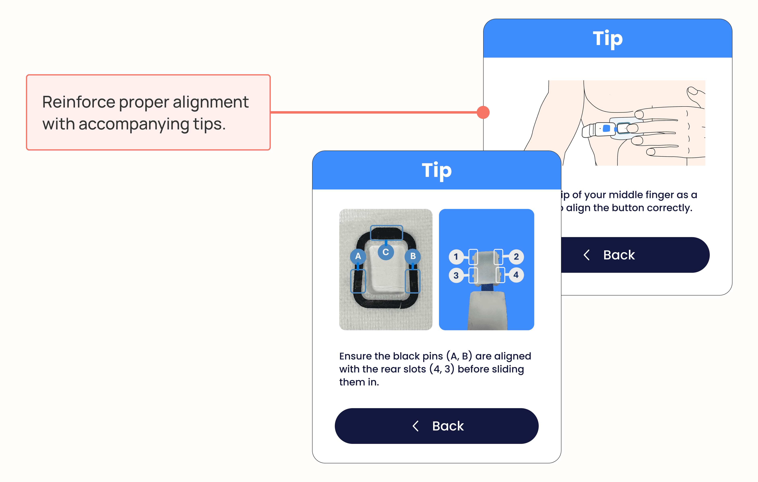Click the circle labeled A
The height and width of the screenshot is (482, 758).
point(358,256)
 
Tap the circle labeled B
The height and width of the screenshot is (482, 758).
point(413,256)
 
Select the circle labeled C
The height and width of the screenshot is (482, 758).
point(386,252)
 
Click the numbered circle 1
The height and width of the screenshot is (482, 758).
point(456,257)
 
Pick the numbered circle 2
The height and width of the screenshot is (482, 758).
point(516,257)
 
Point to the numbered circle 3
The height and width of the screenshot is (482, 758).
point(456,275)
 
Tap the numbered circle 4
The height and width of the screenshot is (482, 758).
point(516,275)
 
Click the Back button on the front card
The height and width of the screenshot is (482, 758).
point(436,426)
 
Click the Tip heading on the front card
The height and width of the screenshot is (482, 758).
point(437,170)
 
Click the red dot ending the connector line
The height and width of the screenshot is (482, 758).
point(483,112)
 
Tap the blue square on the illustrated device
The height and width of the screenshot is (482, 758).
point(606,129)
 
